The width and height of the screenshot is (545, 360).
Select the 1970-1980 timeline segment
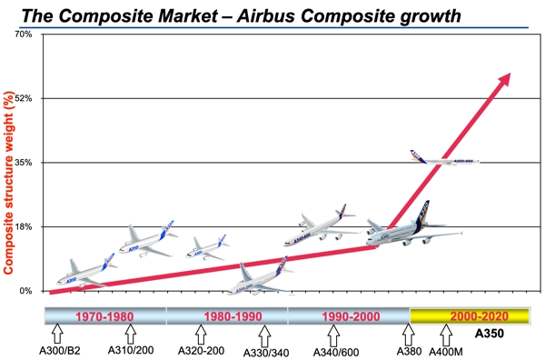[106, 317]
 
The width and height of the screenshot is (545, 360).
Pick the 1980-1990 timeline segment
[227, 317]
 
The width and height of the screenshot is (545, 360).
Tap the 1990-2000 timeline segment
[349, 317]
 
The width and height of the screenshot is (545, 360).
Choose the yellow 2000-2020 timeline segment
[470, 317]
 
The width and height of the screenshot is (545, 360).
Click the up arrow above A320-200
[201, 335]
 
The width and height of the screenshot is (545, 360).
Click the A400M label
[445, 350]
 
